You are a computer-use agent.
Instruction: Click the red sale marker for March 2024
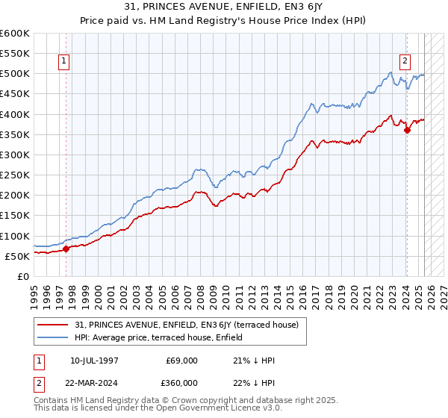[x=407, y=130]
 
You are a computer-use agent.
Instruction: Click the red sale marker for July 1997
[x=66, y=249]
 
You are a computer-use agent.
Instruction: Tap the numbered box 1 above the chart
[x=64, y=62]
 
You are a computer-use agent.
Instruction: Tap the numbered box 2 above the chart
[x=405, y=62]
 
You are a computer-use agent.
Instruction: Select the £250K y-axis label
[x=14, y=175]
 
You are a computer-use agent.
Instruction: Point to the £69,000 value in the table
[x=182, y=361]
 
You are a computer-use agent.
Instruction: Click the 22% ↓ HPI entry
[x=254, y=382]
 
